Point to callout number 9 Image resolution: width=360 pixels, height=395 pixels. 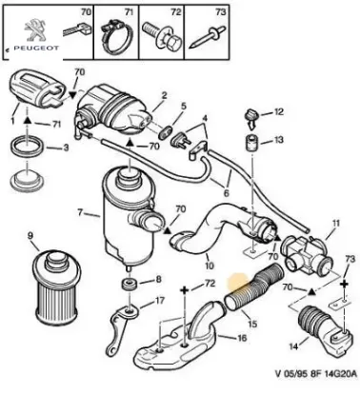(30, 234)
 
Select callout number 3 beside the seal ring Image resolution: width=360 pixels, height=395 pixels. (65, 148)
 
